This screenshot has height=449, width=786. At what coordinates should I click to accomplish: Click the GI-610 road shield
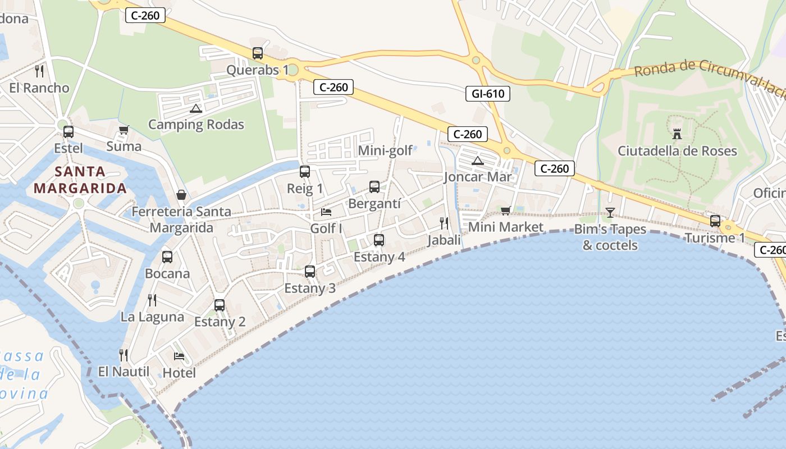[x=487, y=94]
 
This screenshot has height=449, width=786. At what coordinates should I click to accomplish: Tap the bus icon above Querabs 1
[x=258, y=53]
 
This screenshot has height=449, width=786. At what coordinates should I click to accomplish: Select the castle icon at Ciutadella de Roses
[x=677, y=134]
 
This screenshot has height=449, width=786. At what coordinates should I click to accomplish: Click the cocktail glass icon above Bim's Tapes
[x=610, y=212]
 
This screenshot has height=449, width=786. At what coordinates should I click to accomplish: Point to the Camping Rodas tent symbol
[x=195, y=108]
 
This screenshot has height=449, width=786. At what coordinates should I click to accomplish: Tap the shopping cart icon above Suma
[x=124, y=130]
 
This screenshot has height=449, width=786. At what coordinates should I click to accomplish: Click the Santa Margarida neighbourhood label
[x=80, y=180]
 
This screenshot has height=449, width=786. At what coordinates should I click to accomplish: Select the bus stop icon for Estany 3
[x=310, y=272]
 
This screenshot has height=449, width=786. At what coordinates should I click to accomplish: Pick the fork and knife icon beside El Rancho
[x=39, y=71]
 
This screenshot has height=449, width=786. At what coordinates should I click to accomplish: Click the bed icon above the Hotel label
[x=179, y=356]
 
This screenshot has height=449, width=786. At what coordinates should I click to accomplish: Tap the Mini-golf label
[x=385, y=150]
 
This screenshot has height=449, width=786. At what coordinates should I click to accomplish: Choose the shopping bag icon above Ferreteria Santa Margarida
[x=181, y=195]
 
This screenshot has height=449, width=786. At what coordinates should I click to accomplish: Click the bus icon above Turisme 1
[x=715, y=221]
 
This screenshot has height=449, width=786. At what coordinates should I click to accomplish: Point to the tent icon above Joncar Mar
[x=477, y=161]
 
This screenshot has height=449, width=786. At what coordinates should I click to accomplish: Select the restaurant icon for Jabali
[x=444, y=223]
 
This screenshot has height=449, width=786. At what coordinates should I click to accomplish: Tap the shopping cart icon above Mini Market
[x=505, y=210]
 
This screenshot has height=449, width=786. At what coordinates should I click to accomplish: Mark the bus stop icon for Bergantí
[x=374, y=187]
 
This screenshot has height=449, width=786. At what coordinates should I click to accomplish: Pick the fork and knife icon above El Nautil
[x=124, y=355]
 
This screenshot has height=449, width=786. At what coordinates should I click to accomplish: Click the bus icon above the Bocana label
[x=167, y=257]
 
